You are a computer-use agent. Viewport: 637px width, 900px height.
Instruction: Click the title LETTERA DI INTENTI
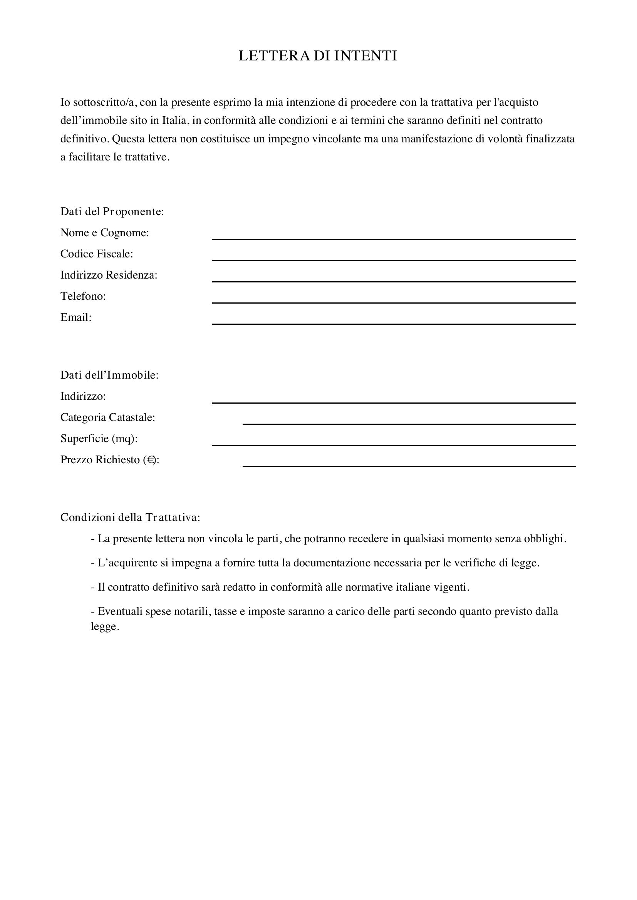(318, 56)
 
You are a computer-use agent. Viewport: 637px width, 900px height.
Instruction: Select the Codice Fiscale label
(97, 254)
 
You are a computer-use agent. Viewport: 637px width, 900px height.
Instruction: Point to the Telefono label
(83, 296)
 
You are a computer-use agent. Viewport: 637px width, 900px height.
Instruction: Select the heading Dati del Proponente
(112, 212)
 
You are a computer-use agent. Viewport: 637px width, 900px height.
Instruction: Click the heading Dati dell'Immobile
(109, 375)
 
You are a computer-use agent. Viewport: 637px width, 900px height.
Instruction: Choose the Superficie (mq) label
(99, 438)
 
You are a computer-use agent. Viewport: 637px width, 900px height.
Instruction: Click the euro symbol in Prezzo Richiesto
(151, 460)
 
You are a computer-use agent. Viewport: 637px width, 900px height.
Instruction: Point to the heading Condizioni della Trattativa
(130, 518)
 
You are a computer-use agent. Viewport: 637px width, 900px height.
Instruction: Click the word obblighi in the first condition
(545, 539)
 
